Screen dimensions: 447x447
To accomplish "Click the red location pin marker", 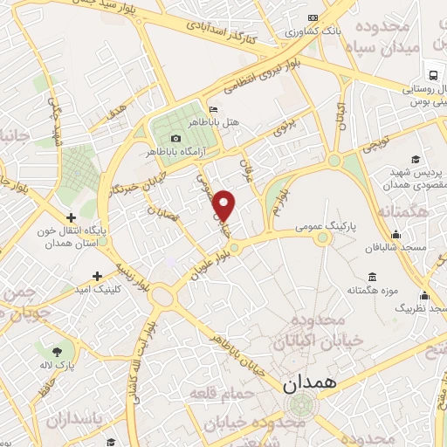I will (225, 205).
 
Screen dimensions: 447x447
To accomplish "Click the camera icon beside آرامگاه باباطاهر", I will (176, 138).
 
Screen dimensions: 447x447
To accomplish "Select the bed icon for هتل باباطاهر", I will (214, 108).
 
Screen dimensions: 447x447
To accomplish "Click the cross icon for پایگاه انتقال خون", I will (71, 217).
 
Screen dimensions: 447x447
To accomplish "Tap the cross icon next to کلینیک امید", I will (109, 275).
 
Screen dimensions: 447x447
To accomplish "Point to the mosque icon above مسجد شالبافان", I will (397, 234).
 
